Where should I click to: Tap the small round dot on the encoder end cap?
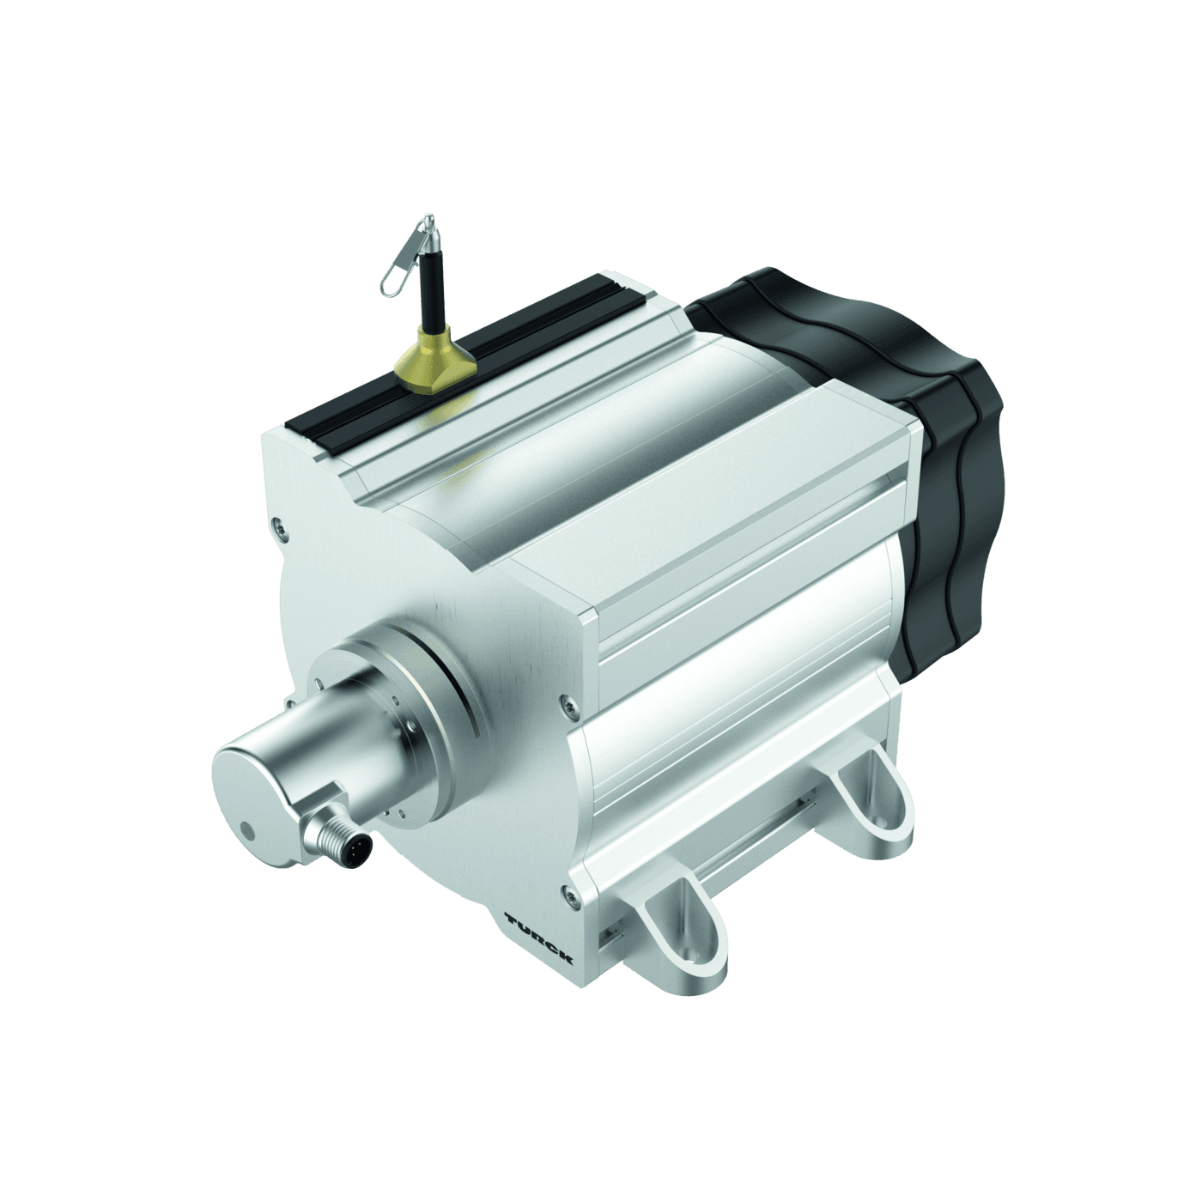point(248,830)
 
